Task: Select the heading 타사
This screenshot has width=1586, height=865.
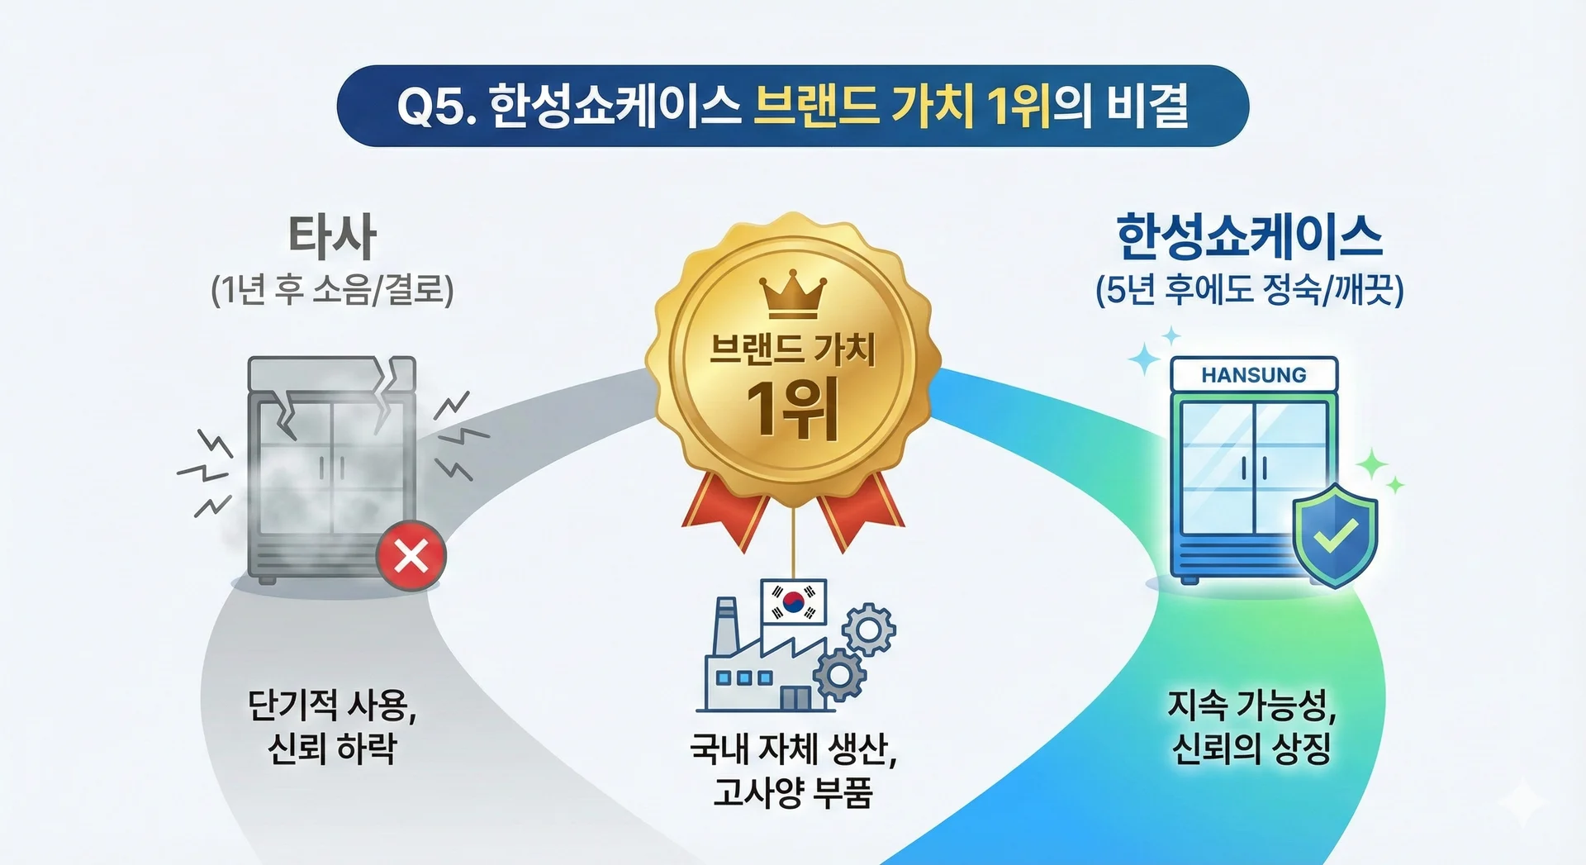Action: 332,236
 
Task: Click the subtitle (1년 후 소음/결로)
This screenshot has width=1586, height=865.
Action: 332,290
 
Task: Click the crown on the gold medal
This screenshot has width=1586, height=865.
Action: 792,295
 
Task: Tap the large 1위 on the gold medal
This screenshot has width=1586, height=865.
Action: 792,408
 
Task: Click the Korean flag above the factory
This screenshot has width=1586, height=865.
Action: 793,601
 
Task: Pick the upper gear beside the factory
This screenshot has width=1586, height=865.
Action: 868,630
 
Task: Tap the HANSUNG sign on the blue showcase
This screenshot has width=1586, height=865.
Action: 1254,375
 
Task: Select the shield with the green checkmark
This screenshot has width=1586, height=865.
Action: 1335,535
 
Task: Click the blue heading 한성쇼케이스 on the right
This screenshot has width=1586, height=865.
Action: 1249,236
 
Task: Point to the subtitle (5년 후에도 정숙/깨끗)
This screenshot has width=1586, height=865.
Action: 1249,290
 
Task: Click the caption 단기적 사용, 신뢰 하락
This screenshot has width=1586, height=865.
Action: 332,727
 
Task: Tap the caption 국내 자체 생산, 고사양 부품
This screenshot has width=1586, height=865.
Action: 793,771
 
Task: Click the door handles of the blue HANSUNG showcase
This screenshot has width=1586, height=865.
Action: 1254,468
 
